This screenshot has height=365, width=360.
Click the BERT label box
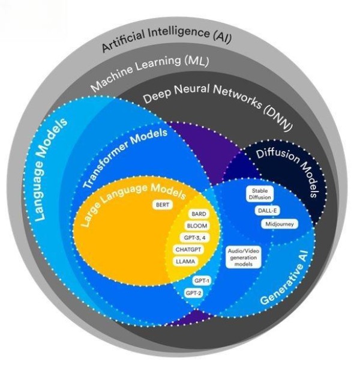(161, 205)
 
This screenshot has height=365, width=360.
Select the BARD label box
(198, 214)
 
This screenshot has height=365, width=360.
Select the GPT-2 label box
(194, 292)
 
